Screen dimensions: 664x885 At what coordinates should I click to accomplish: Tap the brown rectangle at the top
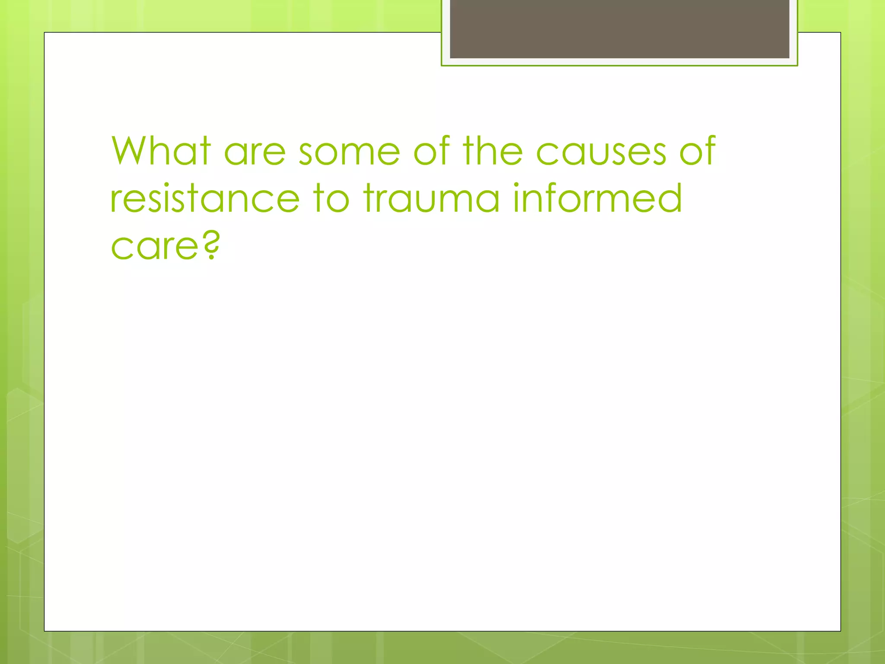tap(619, 29)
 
